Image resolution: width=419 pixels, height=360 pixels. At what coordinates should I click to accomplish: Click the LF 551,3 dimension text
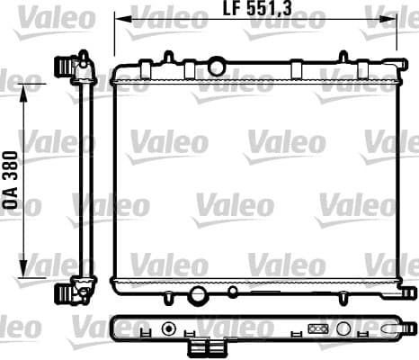(x=257, y=8)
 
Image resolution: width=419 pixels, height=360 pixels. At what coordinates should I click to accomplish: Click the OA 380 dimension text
(x=11, y=180)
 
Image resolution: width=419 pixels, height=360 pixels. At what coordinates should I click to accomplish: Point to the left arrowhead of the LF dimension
(x=123, y=19)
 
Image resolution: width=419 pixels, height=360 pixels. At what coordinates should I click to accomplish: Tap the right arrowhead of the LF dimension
(x=388, y=19)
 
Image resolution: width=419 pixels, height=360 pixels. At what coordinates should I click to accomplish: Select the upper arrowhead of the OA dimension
(x=23, y=93)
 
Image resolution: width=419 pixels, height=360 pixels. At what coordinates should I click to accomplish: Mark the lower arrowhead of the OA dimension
(x=23, y=268)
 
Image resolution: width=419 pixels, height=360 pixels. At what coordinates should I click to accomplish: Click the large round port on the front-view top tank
(x=217, y=67)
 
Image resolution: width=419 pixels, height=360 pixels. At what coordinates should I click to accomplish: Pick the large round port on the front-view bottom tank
(x=198, y=294)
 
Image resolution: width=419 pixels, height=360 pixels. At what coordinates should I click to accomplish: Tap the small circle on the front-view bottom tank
(x=233, y=291)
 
